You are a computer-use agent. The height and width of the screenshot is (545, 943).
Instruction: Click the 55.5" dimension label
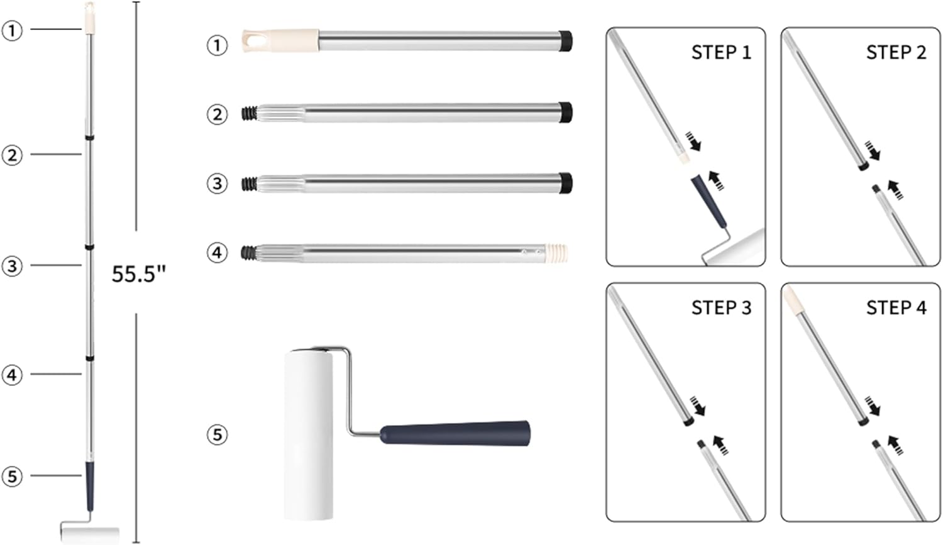pos(138,274)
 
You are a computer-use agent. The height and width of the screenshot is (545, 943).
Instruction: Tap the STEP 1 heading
pos(721,53)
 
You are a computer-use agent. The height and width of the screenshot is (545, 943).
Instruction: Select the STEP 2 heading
pos(896,53)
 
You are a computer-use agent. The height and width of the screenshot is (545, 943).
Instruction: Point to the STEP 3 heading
pos(721,307)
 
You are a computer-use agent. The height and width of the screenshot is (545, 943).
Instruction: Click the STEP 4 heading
pos(896,307)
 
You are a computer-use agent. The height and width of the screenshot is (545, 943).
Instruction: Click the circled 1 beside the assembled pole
pos(12,30)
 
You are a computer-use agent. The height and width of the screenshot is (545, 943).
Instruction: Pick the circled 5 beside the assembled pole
pos(12,476)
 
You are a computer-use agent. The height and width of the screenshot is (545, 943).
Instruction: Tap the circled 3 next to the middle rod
pos(218,184)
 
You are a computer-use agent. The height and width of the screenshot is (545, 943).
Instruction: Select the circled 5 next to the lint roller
pos(218,435)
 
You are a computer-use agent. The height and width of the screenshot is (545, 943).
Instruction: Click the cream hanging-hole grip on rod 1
pos(280,40)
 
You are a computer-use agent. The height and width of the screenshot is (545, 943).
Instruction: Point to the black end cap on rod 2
pos(565,113)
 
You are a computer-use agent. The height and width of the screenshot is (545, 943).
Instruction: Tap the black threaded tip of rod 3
pos(249,184)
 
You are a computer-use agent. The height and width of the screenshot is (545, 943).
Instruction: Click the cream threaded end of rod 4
pos(556,253)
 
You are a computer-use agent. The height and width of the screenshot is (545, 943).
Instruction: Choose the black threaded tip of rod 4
pos(249,253)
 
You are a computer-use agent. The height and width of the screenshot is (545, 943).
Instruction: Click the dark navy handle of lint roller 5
pos(455,433)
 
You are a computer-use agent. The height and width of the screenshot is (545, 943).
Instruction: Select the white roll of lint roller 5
pos(309,436)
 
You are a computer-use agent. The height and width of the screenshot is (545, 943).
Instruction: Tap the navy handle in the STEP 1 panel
pos(709,201)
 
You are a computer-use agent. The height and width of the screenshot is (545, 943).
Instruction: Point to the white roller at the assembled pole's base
pos(90,534)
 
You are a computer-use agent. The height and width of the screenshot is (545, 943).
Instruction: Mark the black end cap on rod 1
pos(565,41)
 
